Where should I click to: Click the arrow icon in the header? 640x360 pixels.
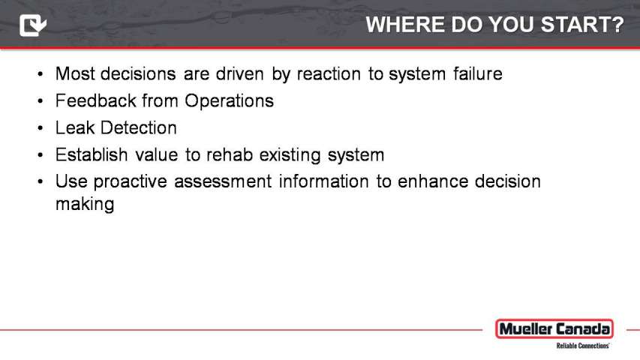(x=33, y=25)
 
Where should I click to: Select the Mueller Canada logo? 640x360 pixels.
(x=554, y=329)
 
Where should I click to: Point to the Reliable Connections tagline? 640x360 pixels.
(x=583, y=346)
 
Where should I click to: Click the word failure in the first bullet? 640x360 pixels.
(x=477, y=74)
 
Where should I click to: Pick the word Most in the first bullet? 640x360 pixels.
(x=75, y=74)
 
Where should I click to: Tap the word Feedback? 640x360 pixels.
(x=95, y=100)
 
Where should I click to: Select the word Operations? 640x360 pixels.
(x=229, y=100)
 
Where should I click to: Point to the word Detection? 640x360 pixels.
(x=139, y=127)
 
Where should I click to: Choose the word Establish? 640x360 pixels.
(x=92, y=154)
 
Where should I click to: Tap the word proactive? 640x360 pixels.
(x=131, y=181)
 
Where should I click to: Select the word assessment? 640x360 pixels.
(x=223, y=181)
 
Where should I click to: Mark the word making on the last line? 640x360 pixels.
(x=85, y=204)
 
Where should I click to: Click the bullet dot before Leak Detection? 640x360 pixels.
(x=40, y=128)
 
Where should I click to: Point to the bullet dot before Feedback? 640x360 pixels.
(x=40, y=101)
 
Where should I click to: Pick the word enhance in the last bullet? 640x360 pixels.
(x=433, y=181)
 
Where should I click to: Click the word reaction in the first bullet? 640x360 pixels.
(x=329, y=74)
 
